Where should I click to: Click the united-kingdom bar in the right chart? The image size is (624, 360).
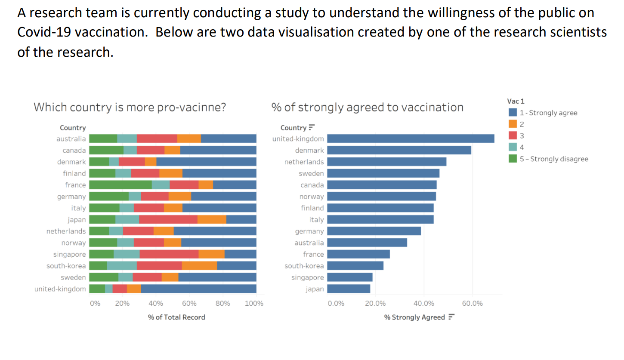click(411, 138)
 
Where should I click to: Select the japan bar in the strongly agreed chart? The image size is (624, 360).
click(349, 289)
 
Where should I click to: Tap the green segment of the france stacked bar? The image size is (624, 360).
click(120, 185)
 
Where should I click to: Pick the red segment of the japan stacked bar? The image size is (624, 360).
click(168, 219)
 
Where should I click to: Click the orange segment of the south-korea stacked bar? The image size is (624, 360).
click(199, 266)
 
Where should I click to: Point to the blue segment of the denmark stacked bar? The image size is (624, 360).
click(206, 162)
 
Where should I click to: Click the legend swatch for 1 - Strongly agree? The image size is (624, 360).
click(513, 113)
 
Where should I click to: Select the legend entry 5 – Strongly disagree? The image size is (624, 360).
click(553, 159)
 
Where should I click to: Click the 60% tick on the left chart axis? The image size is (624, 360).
click(189, 304)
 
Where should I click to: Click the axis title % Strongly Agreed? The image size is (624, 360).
click(414, 317)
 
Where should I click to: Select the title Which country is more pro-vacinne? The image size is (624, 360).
click(130, 107)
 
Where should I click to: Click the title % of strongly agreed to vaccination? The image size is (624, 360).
click(367, 107)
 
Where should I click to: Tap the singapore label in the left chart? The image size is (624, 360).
click(70, 254)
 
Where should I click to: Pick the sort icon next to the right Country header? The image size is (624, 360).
click(312, 128)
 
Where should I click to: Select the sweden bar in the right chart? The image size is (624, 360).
click(383, 173)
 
